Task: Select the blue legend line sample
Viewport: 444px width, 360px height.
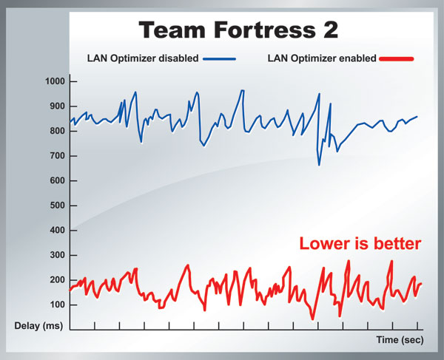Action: pyautogui.click(x=220, y=59)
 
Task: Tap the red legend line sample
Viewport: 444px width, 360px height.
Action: pyautogui.click(x=397, y=59)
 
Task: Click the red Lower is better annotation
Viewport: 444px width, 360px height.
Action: pyautogui.click(x=360, y=243)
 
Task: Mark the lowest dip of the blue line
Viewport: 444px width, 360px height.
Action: pyautogui.click(x=319, y=164)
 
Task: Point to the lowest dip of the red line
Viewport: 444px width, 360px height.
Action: pyautogui.click(x=313, y=319)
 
